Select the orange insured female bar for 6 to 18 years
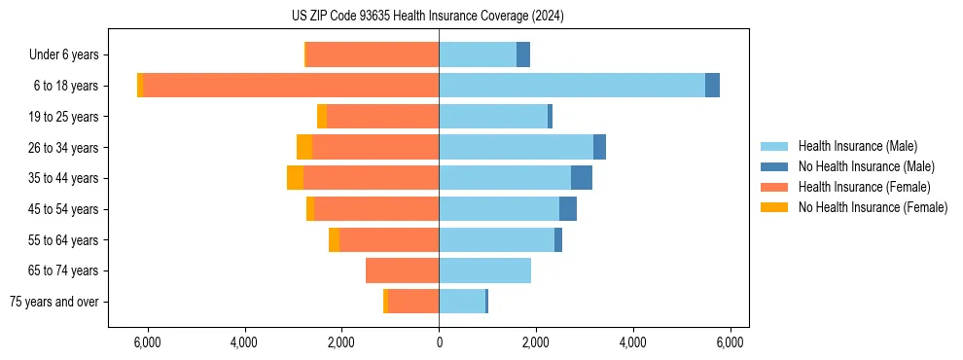coord(291,86)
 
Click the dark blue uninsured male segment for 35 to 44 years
coord(582,178)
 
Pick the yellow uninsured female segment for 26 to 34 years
coord(304,147)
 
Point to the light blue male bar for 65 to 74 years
coord(484,270)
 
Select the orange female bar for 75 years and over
coord(413,302)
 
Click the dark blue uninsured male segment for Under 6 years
coord(523,54)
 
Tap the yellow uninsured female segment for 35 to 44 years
coord(295,178)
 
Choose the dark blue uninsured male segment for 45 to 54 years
coord(568,209)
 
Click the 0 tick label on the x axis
coord(439,342)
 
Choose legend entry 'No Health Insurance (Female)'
coord(873,207)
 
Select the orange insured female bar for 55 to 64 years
coord(389,240)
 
